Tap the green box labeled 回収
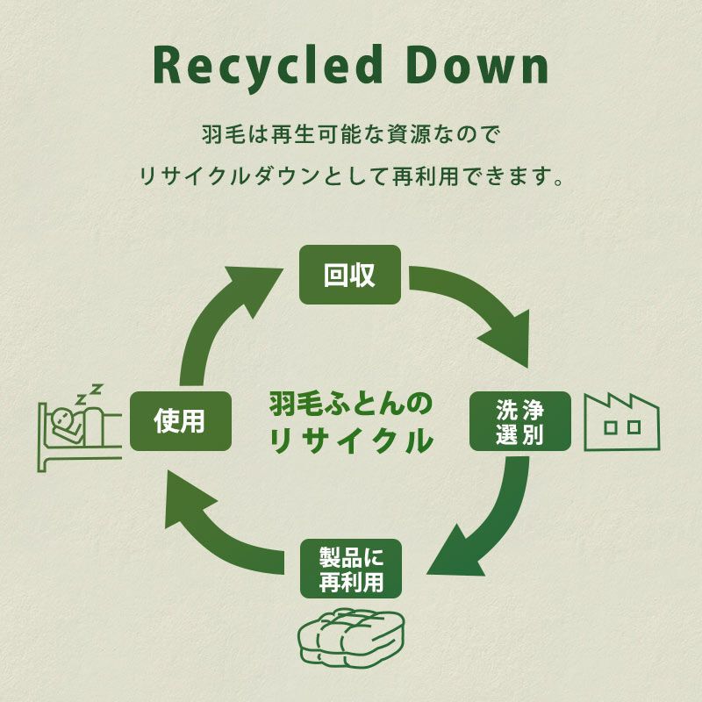tap(350, 275)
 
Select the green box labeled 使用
tap(180, 421)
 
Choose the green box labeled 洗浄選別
tap(520, 421)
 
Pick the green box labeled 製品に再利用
tap(350, 568)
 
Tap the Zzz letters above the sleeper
tap(88, 393)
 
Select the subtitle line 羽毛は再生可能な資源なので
tap(350, 136)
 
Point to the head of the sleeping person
tap(61, 419)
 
